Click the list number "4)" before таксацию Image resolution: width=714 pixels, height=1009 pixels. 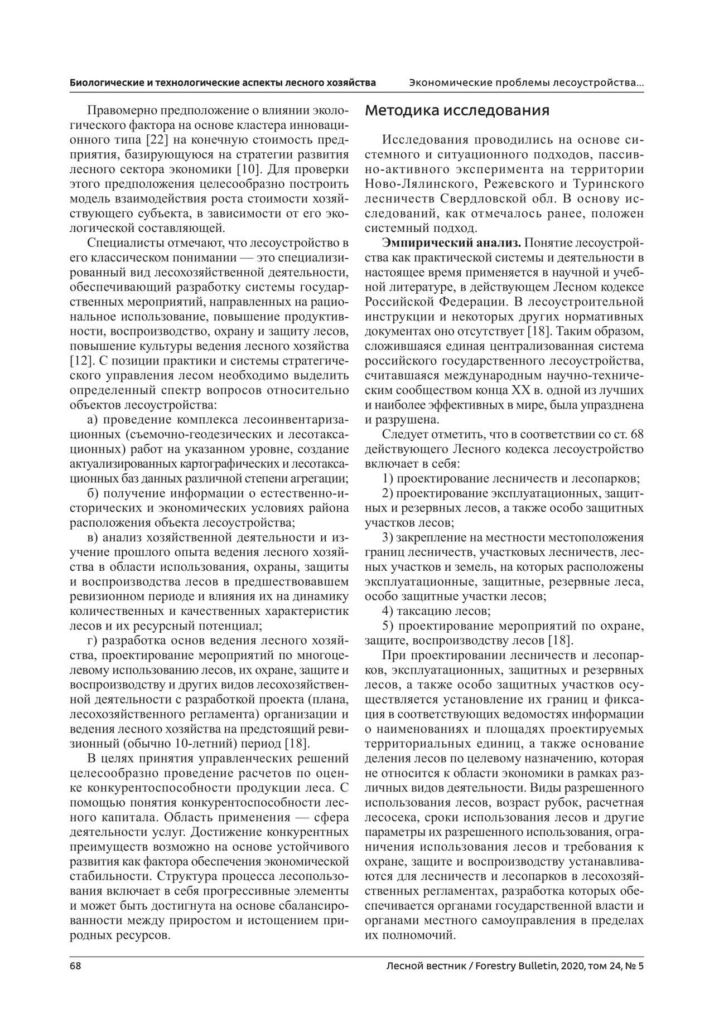388,611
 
